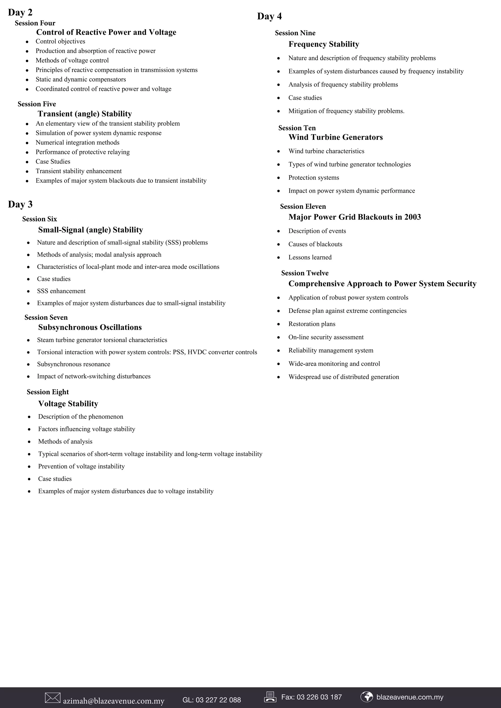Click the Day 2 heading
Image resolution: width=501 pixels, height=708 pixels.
[20, 12]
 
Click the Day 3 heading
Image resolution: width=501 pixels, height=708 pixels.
[20, 204]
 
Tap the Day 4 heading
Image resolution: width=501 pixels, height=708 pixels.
[269, 16]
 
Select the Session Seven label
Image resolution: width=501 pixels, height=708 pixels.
[46, 317]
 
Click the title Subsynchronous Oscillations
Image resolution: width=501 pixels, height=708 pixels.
[90, 327]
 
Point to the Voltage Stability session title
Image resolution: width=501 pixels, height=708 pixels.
[68, 404]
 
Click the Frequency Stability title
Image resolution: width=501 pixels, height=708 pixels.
[324, 44]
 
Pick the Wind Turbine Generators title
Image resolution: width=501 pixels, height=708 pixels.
[336, 137]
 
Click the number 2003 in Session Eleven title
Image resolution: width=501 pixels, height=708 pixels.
[412, 217]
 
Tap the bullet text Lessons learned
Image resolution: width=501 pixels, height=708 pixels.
[310, 257]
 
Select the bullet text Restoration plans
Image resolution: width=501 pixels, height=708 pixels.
[312, 324]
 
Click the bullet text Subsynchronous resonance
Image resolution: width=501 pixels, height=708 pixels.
[73, 364]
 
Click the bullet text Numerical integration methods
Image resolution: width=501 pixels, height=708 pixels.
[78, 143]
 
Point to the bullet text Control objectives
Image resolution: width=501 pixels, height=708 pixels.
[60, 41]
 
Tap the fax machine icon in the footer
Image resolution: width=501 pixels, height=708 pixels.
[270, 697]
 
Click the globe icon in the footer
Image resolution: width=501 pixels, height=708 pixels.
[366, 697]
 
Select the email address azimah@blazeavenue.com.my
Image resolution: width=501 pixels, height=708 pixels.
[114, 701]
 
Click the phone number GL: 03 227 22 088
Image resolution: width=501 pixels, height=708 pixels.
[212, 700]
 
